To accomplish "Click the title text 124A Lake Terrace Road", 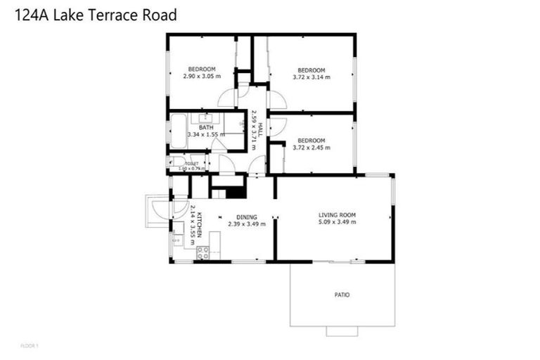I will pyautogui.click(x=96, y=13).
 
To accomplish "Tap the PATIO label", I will pyautogui.click(x=342, y=295).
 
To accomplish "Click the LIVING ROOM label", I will pyautogui.click(x=337, y=215).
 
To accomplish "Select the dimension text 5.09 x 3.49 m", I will pyautogui.click(x=337, y=223).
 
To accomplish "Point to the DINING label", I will pyautogui.click(x=246, y=217).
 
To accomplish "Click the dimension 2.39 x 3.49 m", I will pyautogui.click(x=246, y=224).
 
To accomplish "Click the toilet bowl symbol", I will pyautogui.click(x=176, y=162).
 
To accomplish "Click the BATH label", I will pyautogui.click(x=205, y=127).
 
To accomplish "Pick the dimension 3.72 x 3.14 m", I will pyautogui.click(x=311, y=77).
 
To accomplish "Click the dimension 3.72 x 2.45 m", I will pyautogui.click(x=311, y=148).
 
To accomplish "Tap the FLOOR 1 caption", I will pyautogui.click(x=30, y=345).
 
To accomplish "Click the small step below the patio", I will pyautogui.click(x=342, y=330).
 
